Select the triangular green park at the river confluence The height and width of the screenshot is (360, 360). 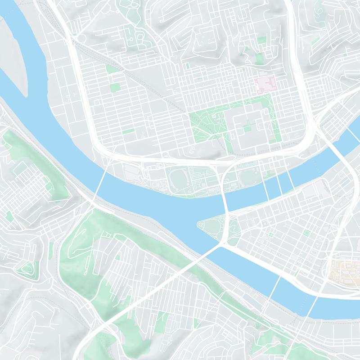pyautogui.click(x=215, y=227)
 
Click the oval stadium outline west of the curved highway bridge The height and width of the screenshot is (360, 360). pyautogui.click(x=179, y=180)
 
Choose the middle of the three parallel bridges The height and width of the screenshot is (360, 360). pyautogui.click(x=279, y=182)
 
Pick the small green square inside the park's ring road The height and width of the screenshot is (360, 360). pyautogui.click(x=247, y=129)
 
